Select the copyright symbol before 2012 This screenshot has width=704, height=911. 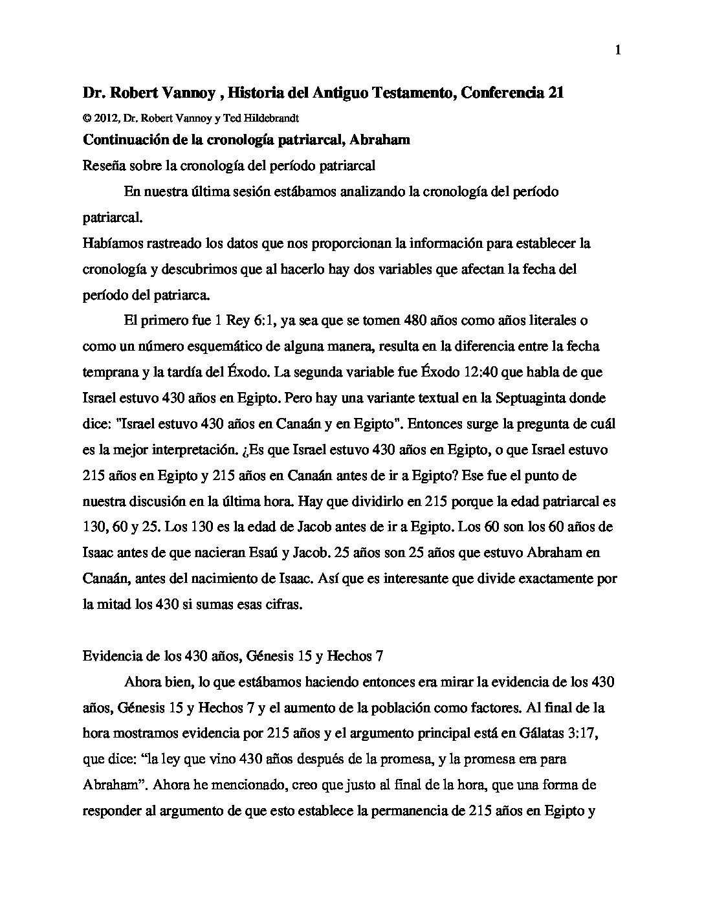pos(86,118)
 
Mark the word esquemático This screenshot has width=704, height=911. pos(217,346)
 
